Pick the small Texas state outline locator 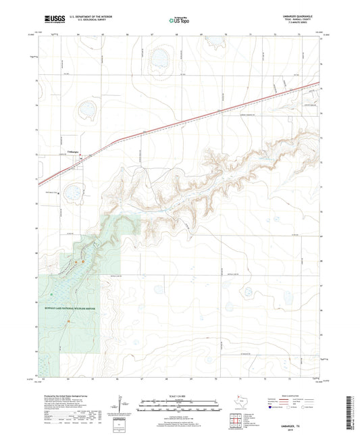pyautogui.click(x=241, y=401)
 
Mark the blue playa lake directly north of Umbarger pyautogui.click(x=86, y=109)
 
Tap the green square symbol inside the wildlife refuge pyautogui.click(x=51, y=295)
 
